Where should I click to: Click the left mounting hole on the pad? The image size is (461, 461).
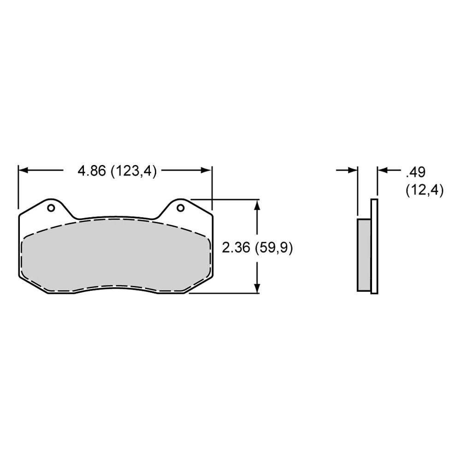click(51, 208)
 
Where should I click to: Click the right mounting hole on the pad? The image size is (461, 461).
click(181, 208)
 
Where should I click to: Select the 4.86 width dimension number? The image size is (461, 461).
click(91, 171)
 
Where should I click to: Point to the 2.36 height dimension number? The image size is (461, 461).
click(236, 248)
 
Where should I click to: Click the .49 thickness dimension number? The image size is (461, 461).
click(415, 172)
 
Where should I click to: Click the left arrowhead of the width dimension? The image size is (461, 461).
click(23, 170)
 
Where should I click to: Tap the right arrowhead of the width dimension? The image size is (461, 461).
click(206, 170)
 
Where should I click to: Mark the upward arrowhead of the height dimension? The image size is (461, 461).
click(257, 205)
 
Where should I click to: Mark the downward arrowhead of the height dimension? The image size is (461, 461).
click(257, 288)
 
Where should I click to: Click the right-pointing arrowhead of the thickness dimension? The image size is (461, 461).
click(353, 170)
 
